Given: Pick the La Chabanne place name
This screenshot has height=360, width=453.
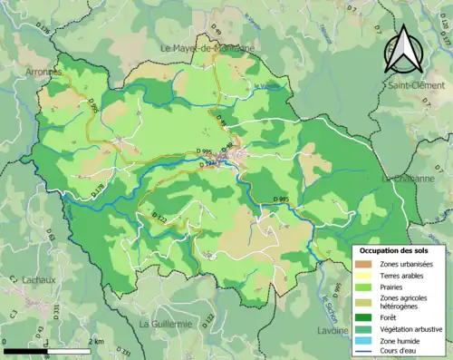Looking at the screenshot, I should [x=412, y=179].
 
